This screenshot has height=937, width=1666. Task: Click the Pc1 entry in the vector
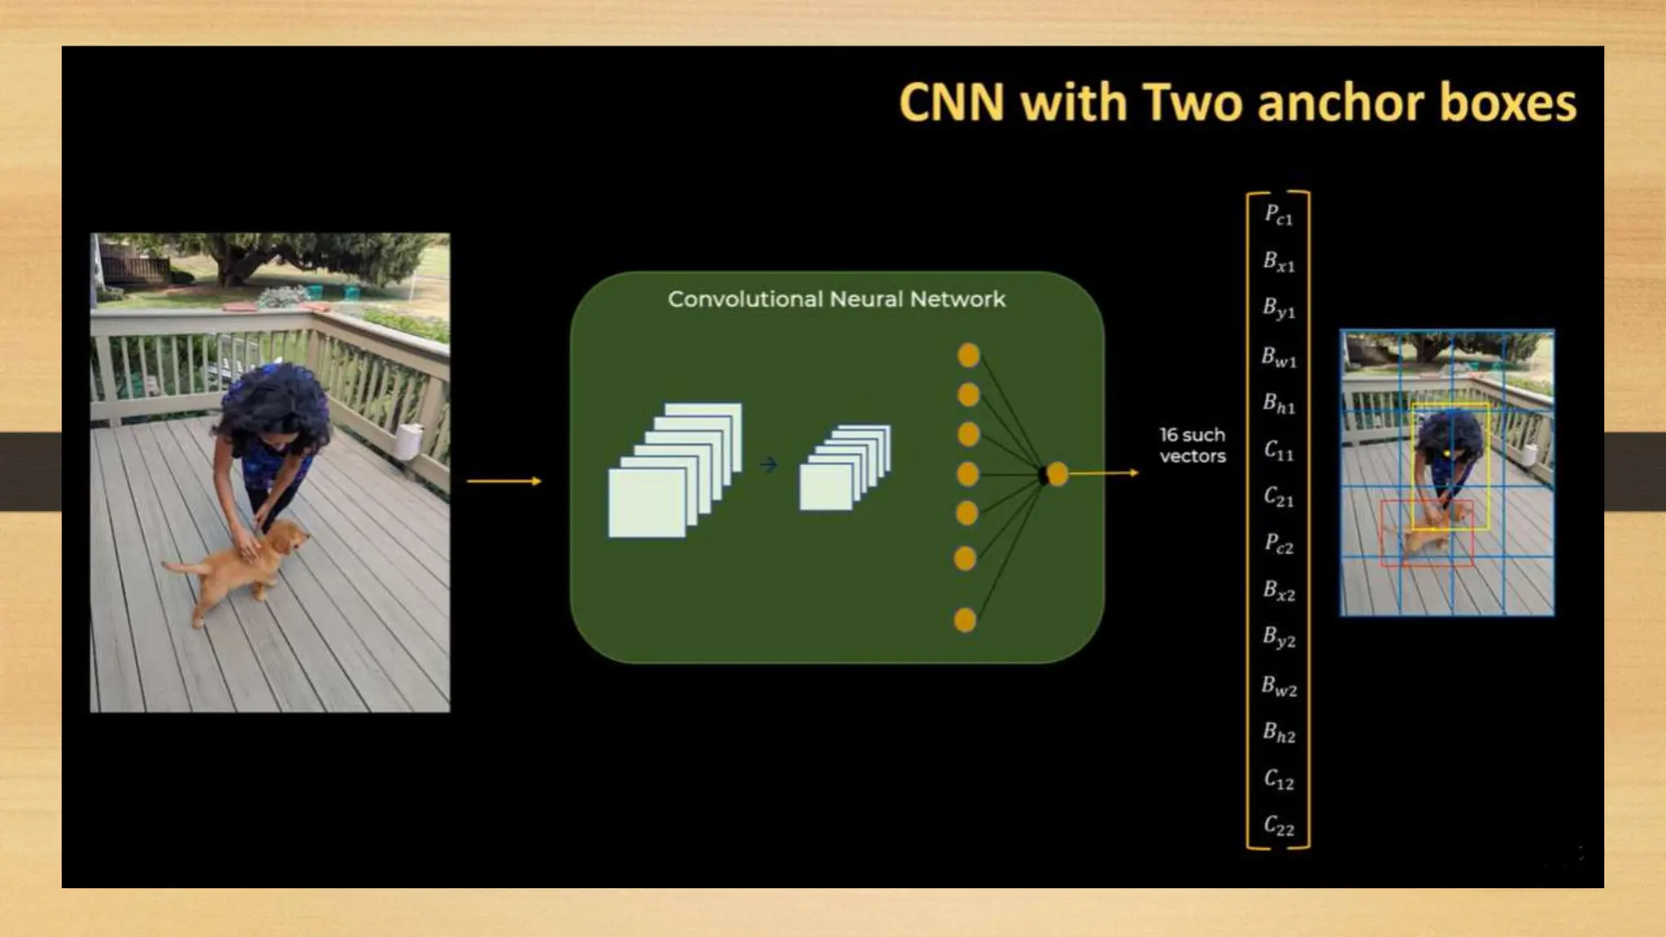(x=1278, y=216)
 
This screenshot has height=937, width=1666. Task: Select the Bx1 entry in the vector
(x=1278, y=262)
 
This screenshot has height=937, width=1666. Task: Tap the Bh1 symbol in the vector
(x=1278, y=403)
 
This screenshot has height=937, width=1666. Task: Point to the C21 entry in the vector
(x=1278, y=498)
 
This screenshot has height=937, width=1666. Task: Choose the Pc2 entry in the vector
(x=1278, y=545)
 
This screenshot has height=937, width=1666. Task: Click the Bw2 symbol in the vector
(x=1278, y=686)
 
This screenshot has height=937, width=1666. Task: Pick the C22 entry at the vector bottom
(x=1278, y=826)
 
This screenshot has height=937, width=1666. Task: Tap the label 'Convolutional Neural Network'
(x=836, y=299)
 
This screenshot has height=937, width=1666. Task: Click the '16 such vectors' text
(x=1192, y=446)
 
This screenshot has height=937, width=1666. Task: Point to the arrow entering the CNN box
(x=504, y=482)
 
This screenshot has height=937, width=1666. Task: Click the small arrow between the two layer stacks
(x=769, y=465)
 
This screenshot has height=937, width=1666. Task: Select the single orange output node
(x=1057, y=474)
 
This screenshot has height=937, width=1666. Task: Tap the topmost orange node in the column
(x=968, y=355)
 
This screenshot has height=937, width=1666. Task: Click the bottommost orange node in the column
(x=965, y=621)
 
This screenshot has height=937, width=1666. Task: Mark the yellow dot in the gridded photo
(x=1447, y=453)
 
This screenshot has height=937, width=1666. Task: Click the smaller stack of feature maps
(x=844, y=468)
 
